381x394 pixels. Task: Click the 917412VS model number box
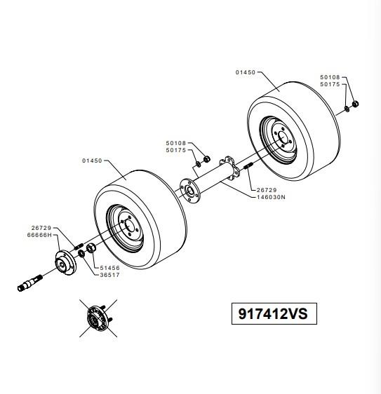click(274, 313)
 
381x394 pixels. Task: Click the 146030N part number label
click(271, 197)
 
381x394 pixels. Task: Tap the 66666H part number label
click(39, 235)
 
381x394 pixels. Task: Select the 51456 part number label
click(110, 268)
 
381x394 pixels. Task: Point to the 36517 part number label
click(110, 275)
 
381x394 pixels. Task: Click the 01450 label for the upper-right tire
click(246, 72)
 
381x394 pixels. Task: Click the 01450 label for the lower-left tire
click(92, 161)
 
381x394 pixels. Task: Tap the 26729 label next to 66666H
click(41, 228)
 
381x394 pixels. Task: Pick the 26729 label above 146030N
click(267, 190)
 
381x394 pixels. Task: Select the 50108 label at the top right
click(330, 77)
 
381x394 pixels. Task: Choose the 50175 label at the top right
click(330, 84)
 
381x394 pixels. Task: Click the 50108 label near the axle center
click(176, 143)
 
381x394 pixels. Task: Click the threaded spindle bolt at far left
click(30, 283)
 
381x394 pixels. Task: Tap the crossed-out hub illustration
click(98, 318)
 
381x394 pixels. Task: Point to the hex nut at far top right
click(355, 104)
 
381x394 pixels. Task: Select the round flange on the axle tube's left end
click(190, 191)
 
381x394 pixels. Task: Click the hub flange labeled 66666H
click(66, 263)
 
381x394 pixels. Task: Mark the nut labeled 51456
click(91, 248)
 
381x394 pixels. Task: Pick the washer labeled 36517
click(81, 254)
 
